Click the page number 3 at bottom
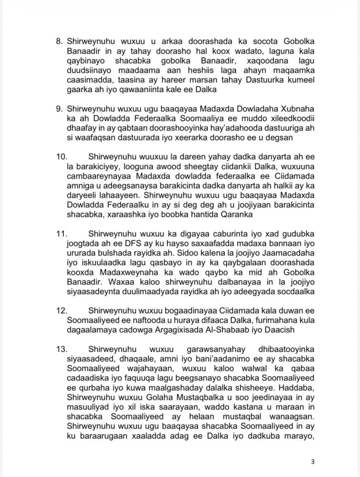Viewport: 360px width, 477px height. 313,462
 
